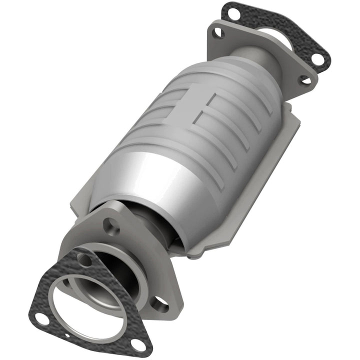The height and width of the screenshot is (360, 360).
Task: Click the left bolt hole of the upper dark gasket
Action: pos(231,13)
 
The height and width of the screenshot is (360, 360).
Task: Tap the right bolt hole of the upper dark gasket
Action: pos(317,58)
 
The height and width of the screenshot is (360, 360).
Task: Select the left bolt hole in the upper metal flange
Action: pos(218,33)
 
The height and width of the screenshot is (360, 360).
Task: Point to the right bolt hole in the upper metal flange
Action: pos(303,79)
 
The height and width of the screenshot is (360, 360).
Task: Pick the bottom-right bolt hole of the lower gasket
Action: pos(135,344)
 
